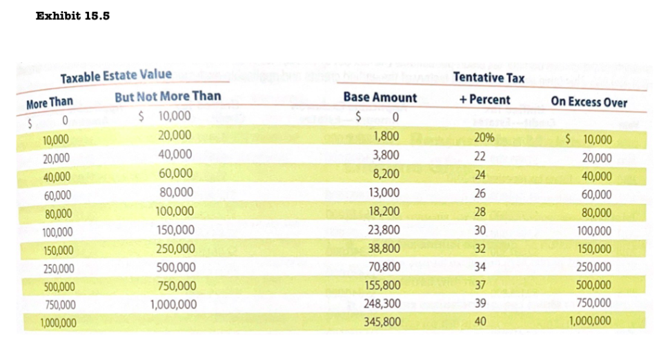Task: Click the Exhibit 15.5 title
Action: [x=72, y=16]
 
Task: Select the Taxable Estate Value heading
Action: [x=116, y=77]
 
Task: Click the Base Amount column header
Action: [x=380, y=98]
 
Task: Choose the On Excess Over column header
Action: [x=589, y=102]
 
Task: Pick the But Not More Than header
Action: [x=168, y=97]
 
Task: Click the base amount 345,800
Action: [x=382, y=321]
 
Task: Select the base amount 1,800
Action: [x=385, y=137]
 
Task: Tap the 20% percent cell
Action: [x=484, y=137]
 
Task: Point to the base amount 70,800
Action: [x=384, y=266]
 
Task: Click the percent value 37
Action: [x=480, y=285]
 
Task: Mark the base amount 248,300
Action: [x=382, y=303]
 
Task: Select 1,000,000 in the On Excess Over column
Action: [x=590, y=321]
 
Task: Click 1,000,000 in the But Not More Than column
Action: [x=173, y=304]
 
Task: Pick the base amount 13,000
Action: [x=384, y=192]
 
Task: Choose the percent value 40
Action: [x=480, y=321]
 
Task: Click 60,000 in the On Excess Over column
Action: [x=596, y=195]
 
